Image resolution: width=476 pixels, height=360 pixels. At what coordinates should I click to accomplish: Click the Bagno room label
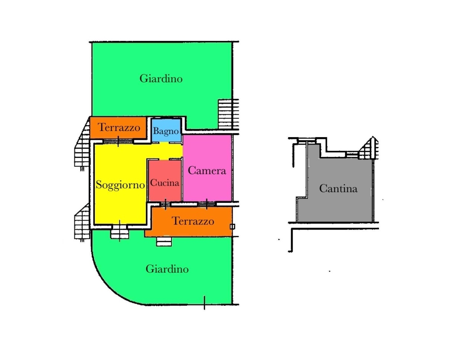tap(166, 131)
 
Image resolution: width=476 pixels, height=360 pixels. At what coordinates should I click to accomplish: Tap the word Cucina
tap(165, 183)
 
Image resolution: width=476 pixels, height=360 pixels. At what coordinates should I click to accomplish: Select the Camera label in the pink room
tap(207, 171)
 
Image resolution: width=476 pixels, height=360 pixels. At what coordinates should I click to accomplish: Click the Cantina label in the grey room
tap(338, 189)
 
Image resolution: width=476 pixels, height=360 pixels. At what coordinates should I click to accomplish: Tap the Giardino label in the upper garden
tap(161, 78)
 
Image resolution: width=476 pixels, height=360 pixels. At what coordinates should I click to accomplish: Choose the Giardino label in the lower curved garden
tap(167, 269)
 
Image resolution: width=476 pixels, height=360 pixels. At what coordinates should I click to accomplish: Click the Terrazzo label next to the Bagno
tap(119, 127)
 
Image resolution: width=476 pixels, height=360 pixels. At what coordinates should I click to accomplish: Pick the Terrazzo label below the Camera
tap(193, 221)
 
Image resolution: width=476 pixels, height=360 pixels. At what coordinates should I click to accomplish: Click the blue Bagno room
tap(166, 130)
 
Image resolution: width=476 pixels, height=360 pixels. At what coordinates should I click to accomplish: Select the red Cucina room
tap(165, 181)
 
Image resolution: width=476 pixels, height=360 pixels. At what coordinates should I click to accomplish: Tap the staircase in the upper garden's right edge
tap(228, 114)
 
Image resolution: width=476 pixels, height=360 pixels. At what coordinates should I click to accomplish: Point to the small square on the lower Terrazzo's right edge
tap(232, 227)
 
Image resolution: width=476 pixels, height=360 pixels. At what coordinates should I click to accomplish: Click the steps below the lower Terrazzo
tap(164, 241)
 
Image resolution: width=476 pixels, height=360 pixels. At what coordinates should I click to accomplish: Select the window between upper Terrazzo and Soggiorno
tap(118, 142)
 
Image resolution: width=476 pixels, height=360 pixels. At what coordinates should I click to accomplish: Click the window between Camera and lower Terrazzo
tap(206, 204)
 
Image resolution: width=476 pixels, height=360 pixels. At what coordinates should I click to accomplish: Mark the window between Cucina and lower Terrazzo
tap(165, 204)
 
